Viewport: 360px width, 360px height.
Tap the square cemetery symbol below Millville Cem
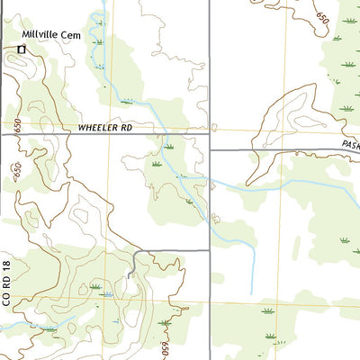pos(22,49)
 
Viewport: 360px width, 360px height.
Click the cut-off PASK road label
pos(350,143)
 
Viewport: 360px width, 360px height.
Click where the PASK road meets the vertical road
pos(210,150)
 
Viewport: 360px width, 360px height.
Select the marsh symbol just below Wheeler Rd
pos(168,146)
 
